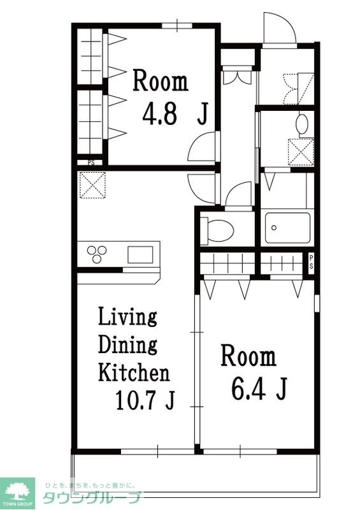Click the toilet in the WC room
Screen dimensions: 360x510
(x=217, y=231)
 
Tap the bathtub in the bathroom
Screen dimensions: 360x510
(x=287, y=228)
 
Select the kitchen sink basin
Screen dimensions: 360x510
(x=140, y=254)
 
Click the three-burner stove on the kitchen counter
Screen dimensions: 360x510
(x=97, y=254)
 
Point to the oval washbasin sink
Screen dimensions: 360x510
(x=303, y=124)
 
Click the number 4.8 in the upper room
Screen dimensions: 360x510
(x=159, y=114)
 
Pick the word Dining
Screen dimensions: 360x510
(x=128, y=344)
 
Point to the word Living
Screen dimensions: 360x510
(x=127, y=316)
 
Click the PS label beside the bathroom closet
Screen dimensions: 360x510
(x=311, y=262)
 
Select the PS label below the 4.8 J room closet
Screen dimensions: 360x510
(x=91, y=163)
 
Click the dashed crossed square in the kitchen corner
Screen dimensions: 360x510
(x=92, y=185)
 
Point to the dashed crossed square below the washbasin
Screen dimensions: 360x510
(x=301, y=152)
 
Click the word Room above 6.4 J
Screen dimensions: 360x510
(x=248, y=356)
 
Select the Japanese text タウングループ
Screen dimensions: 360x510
(x=91, y=498)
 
